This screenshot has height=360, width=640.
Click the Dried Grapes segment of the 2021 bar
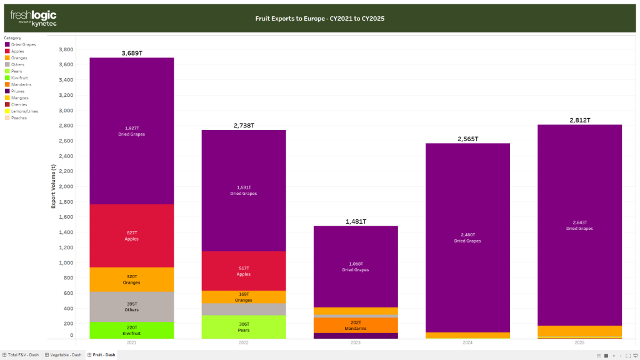tap(131, 131)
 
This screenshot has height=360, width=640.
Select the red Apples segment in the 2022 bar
tap(243, 271)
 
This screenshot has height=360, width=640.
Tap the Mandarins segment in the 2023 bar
tap(355, 325)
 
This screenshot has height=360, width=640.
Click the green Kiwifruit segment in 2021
tap(131, 330)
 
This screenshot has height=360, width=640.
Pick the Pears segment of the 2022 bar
tap(243, 327)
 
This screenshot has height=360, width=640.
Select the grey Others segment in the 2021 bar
tap(131, 307)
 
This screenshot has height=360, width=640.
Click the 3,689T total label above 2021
tap(131, 53)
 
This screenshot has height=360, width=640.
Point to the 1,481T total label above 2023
tap(355, 221)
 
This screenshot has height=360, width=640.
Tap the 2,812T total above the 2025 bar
tap(579, 120)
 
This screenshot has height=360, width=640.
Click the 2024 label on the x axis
tap(467, 343)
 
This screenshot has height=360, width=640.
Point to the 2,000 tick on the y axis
tap(65, 186)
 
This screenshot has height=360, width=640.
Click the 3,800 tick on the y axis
tap(65, 49)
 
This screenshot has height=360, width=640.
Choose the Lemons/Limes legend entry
tap(24, 111)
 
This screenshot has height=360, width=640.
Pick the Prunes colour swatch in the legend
tap(7, 91)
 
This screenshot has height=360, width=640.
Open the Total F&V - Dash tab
tap(23, 355)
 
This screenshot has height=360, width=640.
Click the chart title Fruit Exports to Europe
tap(319, 19)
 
